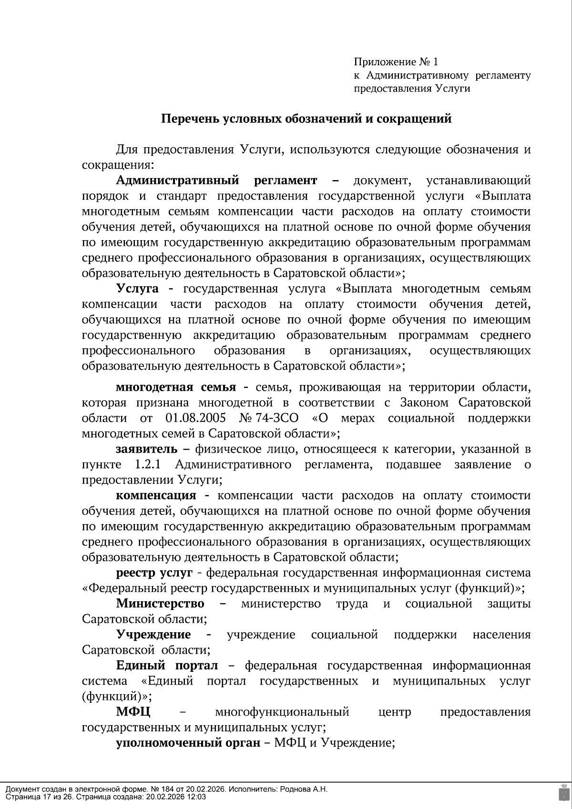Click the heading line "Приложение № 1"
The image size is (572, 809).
tap(396, 62)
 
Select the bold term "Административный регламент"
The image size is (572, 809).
tap(216, 181)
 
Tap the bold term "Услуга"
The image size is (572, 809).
tap(137, 289)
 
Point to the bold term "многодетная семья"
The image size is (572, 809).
tap(176, 386)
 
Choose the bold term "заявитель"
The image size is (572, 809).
tap(146, 449)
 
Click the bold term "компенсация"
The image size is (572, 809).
tap(156, 496)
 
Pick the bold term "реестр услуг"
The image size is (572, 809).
tap(154, 573)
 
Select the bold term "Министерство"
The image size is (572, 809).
tap(160, 604)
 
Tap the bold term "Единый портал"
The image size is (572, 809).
tap(167, 666)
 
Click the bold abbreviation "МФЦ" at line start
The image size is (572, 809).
tap(133, 712)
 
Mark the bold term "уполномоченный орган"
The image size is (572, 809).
tap(188, 743)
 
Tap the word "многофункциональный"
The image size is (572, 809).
tap(282, 712)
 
